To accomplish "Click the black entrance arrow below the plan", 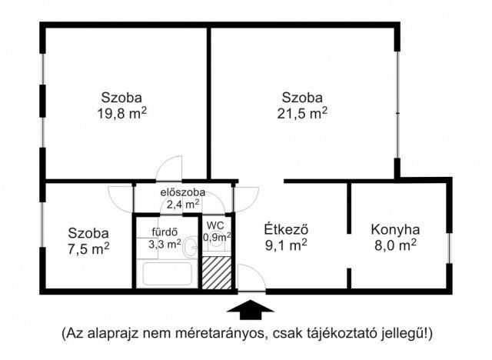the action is (250, 309).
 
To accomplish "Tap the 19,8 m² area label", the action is (121, 113).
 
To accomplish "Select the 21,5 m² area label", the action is (302, 113).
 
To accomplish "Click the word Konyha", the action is (395, 230).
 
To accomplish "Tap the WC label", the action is (215, 225).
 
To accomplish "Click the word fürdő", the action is (165, 232).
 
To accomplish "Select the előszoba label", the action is (183, 192).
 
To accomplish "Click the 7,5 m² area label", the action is (89, 248).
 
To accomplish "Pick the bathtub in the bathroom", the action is (168, 274).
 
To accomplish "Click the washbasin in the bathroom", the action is (191, 246).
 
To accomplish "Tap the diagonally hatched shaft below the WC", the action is (217, 273).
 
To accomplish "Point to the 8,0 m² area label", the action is (395, 245).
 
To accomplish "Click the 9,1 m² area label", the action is (286, 245).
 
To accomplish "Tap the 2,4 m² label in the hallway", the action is (183, 205).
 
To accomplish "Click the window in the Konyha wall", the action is (449, 248).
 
